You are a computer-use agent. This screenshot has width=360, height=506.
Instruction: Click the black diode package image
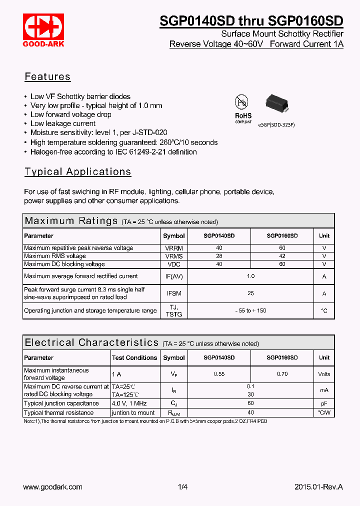click(x=277, y=103)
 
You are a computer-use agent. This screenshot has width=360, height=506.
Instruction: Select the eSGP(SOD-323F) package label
click(x=276, y=124)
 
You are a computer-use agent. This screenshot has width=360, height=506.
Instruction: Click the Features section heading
click(x=47, y=76)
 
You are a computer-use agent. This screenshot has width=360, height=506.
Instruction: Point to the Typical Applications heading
click(x=77, y=171)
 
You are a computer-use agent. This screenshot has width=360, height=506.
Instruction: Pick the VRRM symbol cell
click(x=173, y=248)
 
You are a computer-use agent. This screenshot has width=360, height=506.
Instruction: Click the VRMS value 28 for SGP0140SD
click(x=219, y=256)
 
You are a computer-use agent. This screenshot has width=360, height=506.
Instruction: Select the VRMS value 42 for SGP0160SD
click(x=282, y=256)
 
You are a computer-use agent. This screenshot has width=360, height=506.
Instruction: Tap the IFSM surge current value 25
click(x=250, y=293)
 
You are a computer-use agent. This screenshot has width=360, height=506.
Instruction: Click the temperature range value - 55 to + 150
click(x=250, y=310)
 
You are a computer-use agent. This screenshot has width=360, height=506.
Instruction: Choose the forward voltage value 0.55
click(x=219, y=374)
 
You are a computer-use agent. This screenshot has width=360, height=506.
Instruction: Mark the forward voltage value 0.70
click(x=282, y=374)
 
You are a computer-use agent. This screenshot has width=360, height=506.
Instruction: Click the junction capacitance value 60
click(x=250, y=403)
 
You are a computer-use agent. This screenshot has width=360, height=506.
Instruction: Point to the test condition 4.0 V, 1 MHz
click(x=129, y=403)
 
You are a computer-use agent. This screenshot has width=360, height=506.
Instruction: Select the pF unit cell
click(x=324, y=403)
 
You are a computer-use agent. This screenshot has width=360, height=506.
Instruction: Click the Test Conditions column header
click(x=134, y=357)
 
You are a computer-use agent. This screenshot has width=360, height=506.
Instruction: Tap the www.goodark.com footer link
click(x=53, y=486)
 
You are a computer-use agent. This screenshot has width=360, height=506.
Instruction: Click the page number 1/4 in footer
click(x=182, y=486)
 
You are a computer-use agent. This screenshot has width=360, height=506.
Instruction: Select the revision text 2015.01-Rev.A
click(x=318, y=486)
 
